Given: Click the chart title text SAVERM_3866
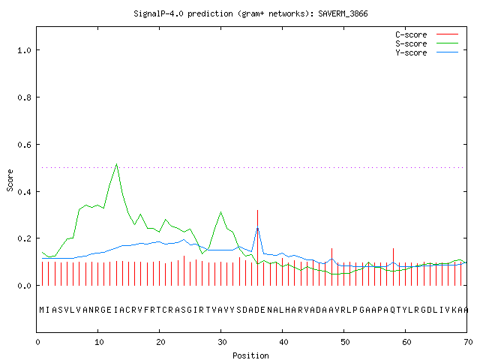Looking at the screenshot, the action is coord(343,13).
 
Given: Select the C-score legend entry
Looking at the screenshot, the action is coord(427,34).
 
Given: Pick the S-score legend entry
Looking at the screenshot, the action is coord(427,43).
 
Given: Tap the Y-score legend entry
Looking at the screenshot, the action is coord(427,52).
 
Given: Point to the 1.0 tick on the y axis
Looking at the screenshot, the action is coord(25,50).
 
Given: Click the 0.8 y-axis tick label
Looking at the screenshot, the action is coord(25,97).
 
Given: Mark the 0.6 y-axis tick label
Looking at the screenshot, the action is coord(25,145).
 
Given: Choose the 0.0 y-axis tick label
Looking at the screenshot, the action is coord(25,286).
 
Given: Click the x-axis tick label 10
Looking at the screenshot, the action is coord(99,342).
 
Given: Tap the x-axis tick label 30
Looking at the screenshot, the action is coord(222,342).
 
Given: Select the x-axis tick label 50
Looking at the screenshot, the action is coord(345,342).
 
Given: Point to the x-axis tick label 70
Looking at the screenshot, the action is coord(468,342).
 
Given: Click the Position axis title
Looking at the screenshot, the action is coord(250,355).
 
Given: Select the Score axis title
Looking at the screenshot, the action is coord(10,180).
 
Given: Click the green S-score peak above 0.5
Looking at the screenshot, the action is coord(117,164).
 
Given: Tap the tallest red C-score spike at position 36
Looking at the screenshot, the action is coord(258,247).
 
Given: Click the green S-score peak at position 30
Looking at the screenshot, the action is coord(220,211).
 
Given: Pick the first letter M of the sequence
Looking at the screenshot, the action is coord(42,310).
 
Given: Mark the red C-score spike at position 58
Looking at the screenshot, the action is coord(393,267).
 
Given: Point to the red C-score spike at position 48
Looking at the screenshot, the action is coord(331,267).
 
